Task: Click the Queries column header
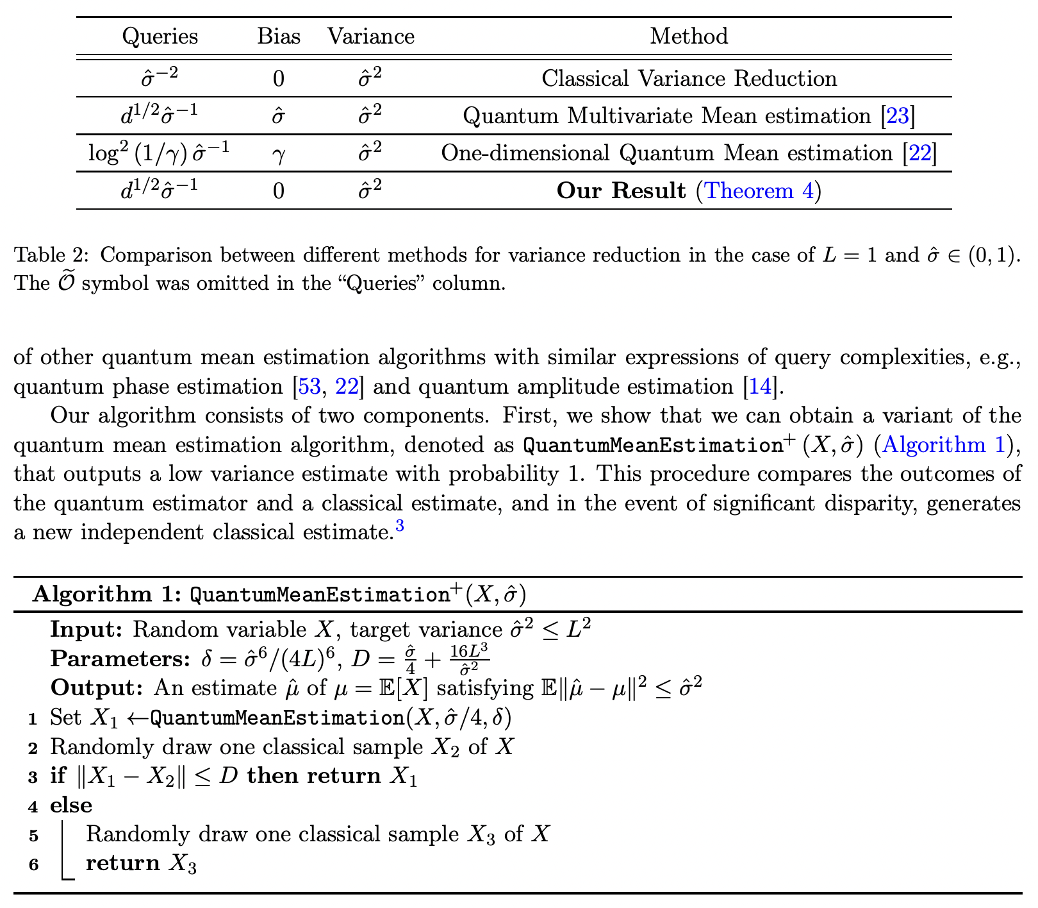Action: pos(160,36)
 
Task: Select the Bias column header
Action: pos(279,36)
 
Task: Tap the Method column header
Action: pos(689,36)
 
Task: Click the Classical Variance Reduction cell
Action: pos(689,79)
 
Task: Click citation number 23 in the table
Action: pos(897,116)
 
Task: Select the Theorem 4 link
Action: pos(759,191)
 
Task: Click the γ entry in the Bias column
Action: pos(278,154)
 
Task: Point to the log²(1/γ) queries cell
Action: pos(160,153)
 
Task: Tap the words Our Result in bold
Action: pos(621,191)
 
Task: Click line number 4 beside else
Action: pos(33,807)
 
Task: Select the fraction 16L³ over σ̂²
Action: pos(469,659)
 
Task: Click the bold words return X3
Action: pos(141,864)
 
